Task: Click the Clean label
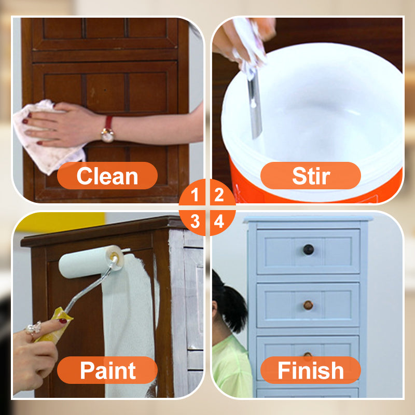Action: point(107,176)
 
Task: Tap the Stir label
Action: point(311,176)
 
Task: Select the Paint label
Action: point(107,370)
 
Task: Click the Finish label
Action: point(311,370)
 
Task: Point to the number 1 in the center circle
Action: point(195,195)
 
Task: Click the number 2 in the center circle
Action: point(219,195)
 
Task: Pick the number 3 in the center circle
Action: point(195,222)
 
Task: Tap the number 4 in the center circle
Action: point(219,222)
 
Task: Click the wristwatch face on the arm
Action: point(107,135)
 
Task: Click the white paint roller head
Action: point(91,261)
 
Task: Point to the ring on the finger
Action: point(34,328)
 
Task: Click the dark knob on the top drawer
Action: point(308,250)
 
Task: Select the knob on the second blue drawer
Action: point(308,305)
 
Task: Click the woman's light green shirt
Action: point(231,368)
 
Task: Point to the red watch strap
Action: point(108,122)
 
